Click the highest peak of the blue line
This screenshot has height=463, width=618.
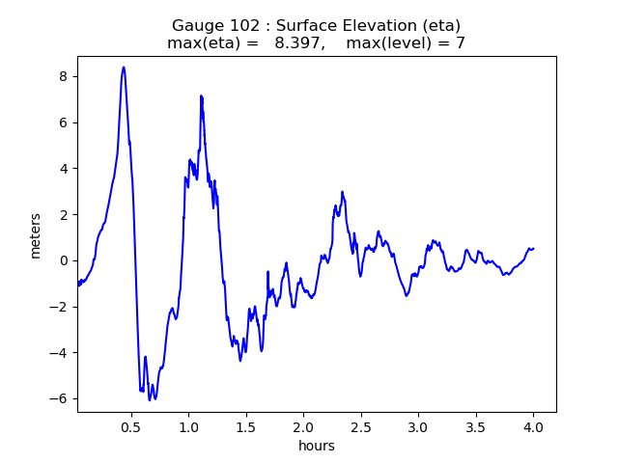pos(124,68)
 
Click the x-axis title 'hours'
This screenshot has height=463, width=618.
pos(317,446)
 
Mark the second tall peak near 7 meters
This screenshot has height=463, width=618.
pos(201,96)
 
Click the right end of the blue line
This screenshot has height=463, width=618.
pos(533,249)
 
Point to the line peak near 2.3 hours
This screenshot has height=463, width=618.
pos(342,192)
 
